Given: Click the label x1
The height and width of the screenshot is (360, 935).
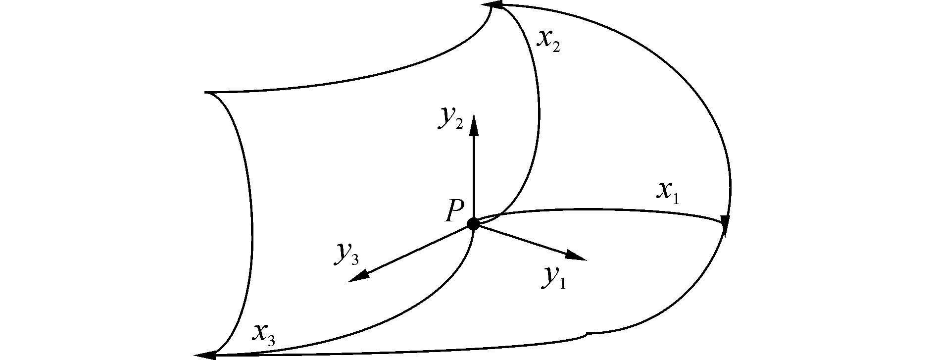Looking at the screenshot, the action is coord(668,192).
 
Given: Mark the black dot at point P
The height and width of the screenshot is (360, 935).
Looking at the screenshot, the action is coord(474,224).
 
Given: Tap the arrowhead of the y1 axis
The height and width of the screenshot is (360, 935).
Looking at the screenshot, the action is coord(578,257).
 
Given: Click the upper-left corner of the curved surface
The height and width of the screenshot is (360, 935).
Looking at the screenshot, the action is coord(206,93).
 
